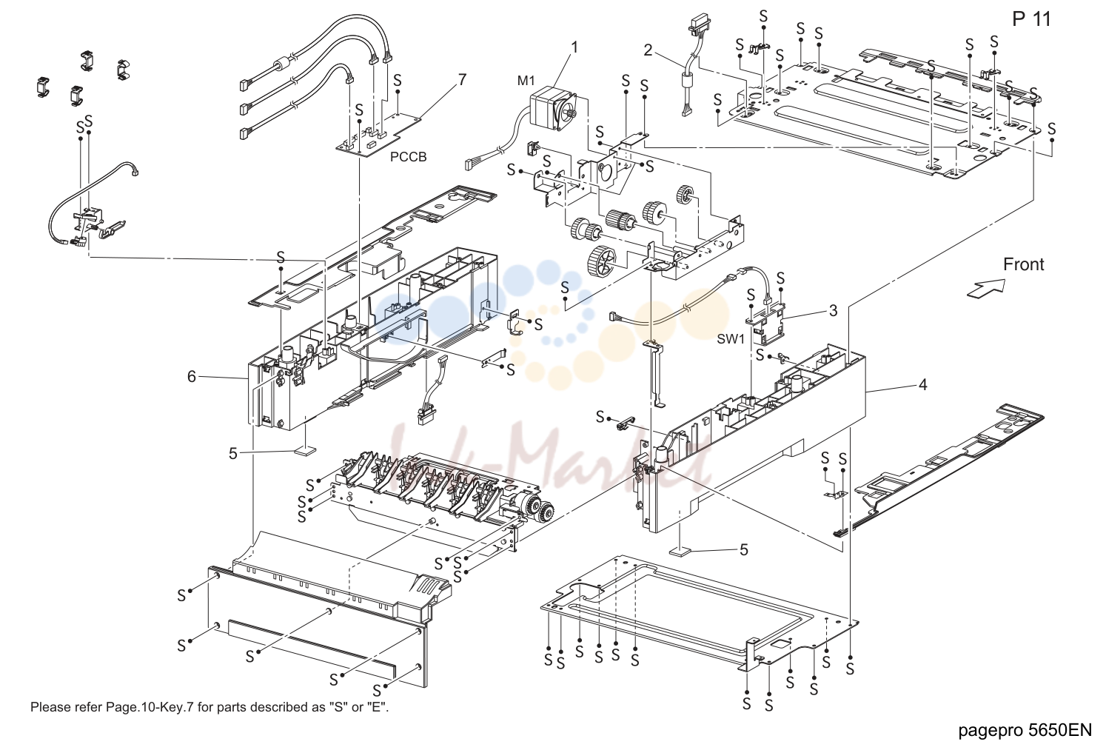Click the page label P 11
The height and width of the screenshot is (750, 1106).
click(x=1031, y=19)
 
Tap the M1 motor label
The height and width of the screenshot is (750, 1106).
click(x=526, y=81)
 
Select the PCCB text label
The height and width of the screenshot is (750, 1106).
click(x=408, y=156)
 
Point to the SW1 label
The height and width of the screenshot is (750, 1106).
click(x=731, y=338)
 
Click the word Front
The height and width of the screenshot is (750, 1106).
click(x=1024, y=264)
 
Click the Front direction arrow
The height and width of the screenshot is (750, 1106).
click(x=985, y=289)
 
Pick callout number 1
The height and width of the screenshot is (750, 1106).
click(x=574, y=47)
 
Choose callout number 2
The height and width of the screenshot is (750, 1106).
click(x=648, y=50)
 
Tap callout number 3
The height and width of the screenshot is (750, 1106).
click(x=834, y=310)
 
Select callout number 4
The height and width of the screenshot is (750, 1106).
click(x=923, y=384)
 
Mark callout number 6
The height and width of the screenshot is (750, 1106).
click(x=192, y=377)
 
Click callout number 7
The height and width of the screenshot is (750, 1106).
click(x=462, y=79)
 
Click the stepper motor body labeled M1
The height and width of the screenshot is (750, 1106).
click(x=552, y=107)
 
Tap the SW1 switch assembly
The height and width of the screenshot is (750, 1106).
click(x=767, y=324)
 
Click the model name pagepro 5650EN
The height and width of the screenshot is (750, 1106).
click(x=1025, y=730)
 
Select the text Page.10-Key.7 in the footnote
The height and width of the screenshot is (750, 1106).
click(x=150, y=707)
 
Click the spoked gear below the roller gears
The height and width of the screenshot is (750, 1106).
click(x=602, y=260)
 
